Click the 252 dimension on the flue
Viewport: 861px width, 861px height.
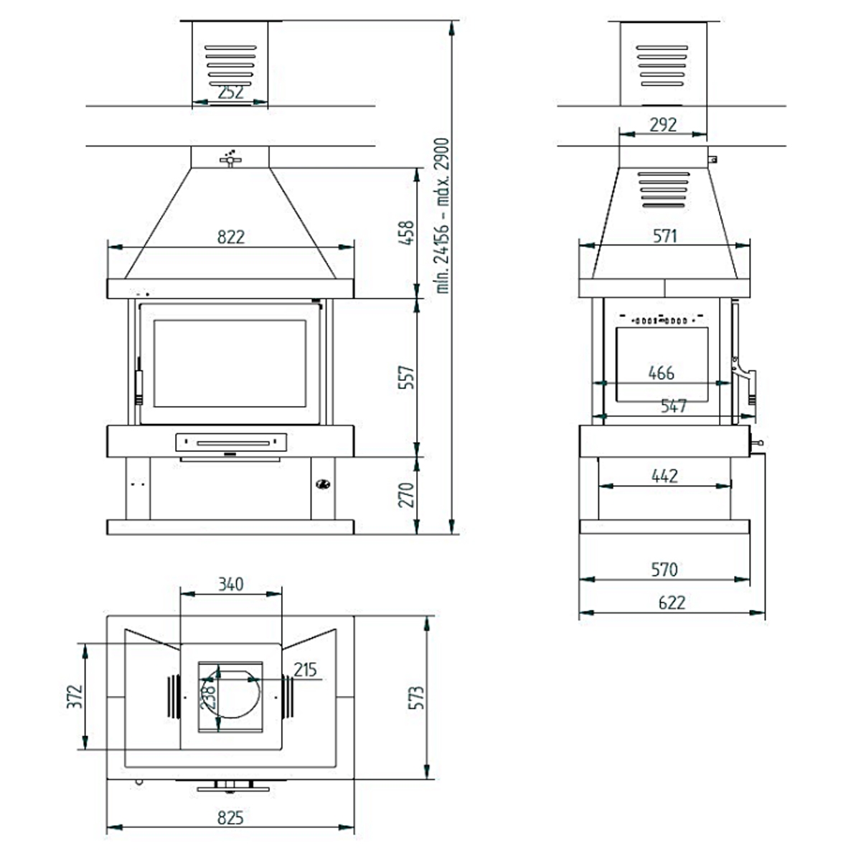click(230, 93)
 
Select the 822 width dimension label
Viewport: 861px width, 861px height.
click(230, 237)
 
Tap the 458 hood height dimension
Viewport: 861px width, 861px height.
click(407, 233)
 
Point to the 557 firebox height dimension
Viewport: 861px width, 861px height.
click(407, 378)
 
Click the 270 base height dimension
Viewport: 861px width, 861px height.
click(407, 494)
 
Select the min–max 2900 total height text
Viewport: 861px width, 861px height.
click(443, 215)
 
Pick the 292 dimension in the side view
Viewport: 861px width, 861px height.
click(663, 124)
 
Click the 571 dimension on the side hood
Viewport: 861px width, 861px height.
click(665, 235)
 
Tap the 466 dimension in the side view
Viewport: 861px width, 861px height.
click(661, 372)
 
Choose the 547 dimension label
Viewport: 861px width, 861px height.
click(674, 406)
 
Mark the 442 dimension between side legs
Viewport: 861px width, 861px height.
click(665, 475)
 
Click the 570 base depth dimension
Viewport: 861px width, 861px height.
click(664, 569)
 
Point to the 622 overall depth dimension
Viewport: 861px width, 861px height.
click(672, 602)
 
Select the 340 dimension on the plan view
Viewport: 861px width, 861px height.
click(230, 584)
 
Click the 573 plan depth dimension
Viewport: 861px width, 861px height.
click(417, 697)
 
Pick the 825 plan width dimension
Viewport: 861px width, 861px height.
click(230, 817)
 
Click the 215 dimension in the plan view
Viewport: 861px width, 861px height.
click(305, 669)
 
